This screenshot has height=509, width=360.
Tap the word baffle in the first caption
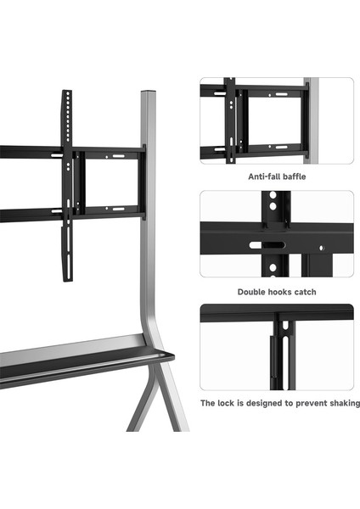click(x=294, y=176)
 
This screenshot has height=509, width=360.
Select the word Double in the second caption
click(x=250, y=292)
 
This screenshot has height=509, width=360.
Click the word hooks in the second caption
click(x=278, y=292)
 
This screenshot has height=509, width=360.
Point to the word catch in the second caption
click(x=305, y=292)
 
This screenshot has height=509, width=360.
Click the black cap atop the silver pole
click(x=148, y=92)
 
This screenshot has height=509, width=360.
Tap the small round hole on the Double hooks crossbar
click(x=321, y=248)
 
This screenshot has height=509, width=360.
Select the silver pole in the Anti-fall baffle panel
click(x=312, y=120)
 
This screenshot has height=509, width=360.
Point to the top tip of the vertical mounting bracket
click(x=67, y=92)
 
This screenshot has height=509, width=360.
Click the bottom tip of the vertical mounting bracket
click(x=68, y=280)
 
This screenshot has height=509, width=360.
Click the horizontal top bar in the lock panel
click(x=277, y=312)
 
